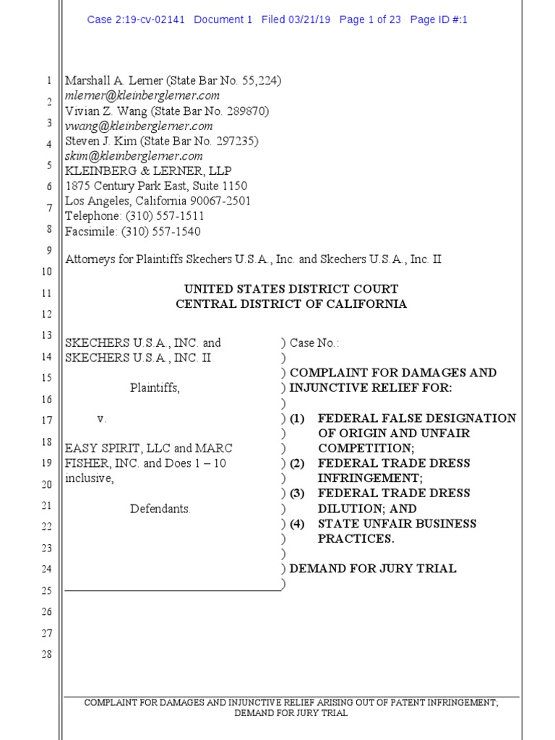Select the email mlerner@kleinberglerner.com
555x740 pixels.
pyautogui.click(x=142, y=95)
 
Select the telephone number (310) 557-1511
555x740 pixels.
pyautogui.click(x=165, y=216)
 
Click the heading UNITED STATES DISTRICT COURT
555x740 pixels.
pyautogui.click(x=291, y=289)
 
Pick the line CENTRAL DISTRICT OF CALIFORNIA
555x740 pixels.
pyautogui.click(x=291, y=304)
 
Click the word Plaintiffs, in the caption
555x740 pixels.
pyautogui.click(x=155, y=387)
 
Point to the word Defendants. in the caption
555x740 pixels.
pyautogui.click(x=160, y=509)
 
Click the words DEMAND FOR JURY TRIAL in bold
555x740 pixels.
pyautogui.click(x=373, y=569)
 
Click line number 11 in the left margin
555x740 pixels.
pyautogui.click(x=46, y=293)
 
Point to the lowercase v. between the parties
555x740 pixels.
pyautogui.click(x=102, y=418)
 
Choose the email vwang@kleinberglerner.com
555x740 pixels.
pyautogui.click(x=139, y=126)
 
